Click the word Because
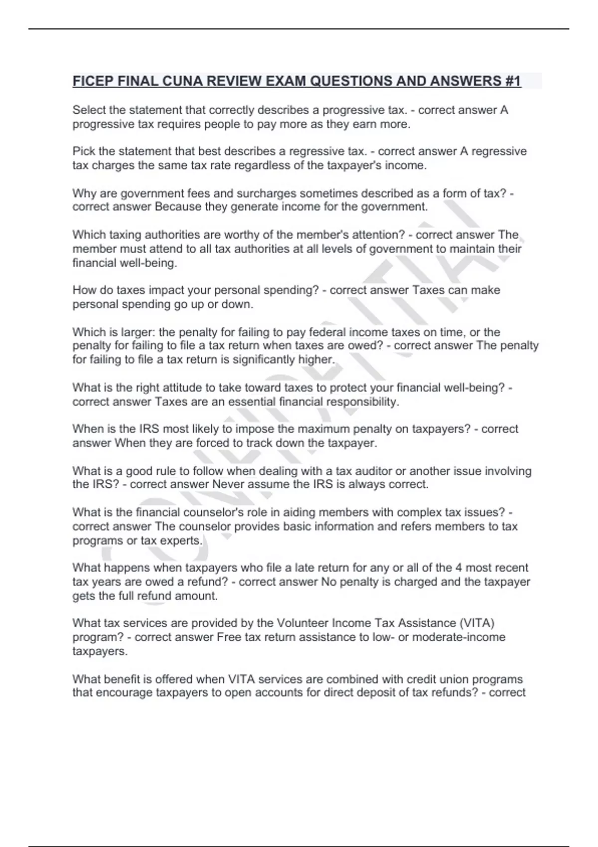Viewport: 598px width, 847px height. coord(178,207)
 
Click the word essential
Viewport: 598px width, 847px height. coord(252,402)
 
